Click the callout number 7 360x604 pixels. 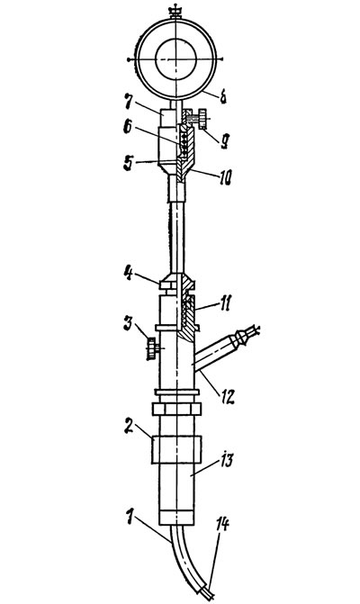128,102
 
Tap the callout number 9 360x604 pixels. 224,142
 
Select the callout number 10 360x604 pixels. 225,177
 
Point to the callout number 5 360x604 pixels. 128,163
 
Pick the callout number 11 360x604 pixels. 224,304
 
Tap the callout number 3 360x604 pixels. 128,323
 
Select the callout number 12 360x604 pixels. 227,397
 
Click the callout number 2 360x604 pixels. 129,427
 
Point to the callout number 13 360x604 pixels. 226,460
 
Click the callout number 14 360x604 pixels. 222,524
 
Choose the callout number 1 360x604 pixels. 130,517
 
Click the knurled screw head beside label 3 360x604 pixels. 151,348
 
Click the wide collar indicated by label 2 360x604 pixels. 176,449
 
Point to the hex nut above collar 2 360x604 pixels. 176,409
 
